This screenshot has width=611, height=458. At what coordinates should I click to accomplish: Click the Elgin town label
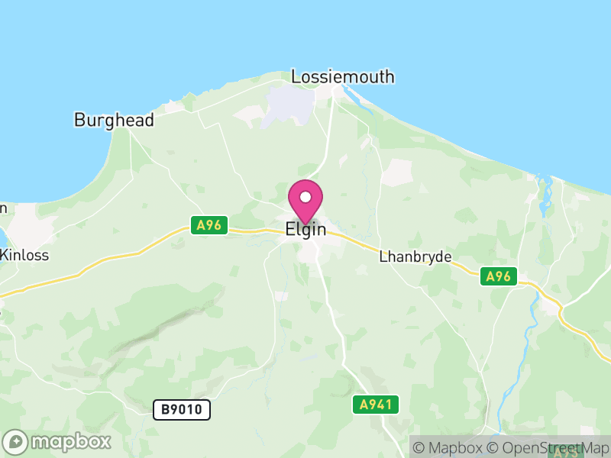(305, 229)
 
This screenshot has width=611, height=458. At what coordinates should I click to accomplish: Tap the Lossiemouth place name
(343, 76)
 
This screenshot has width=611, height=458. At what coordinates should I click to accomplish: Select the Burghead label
(114, 120)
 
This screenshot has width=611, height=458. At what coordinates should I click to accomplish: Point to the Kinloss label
(24, 255)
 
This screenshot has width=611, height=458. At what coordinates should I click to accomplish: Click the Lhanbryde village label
(415, 257)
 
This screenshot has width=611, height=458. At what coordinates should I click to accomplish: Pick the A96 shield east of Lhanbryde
(499, 276)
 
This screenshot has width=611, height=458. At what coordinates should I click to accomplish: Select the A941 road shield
(376, 405)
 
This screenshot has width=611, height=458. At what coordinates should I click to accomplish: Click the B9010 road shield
(182, 410)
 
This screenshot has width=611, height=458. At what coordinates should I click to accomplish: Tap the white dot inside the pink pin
(305, 197)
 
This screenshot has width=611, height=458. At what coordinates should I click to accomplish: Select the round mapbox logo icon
(16, 441)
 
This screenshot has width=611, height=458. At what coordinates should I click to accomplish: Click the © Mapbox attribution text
(451, 447)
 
